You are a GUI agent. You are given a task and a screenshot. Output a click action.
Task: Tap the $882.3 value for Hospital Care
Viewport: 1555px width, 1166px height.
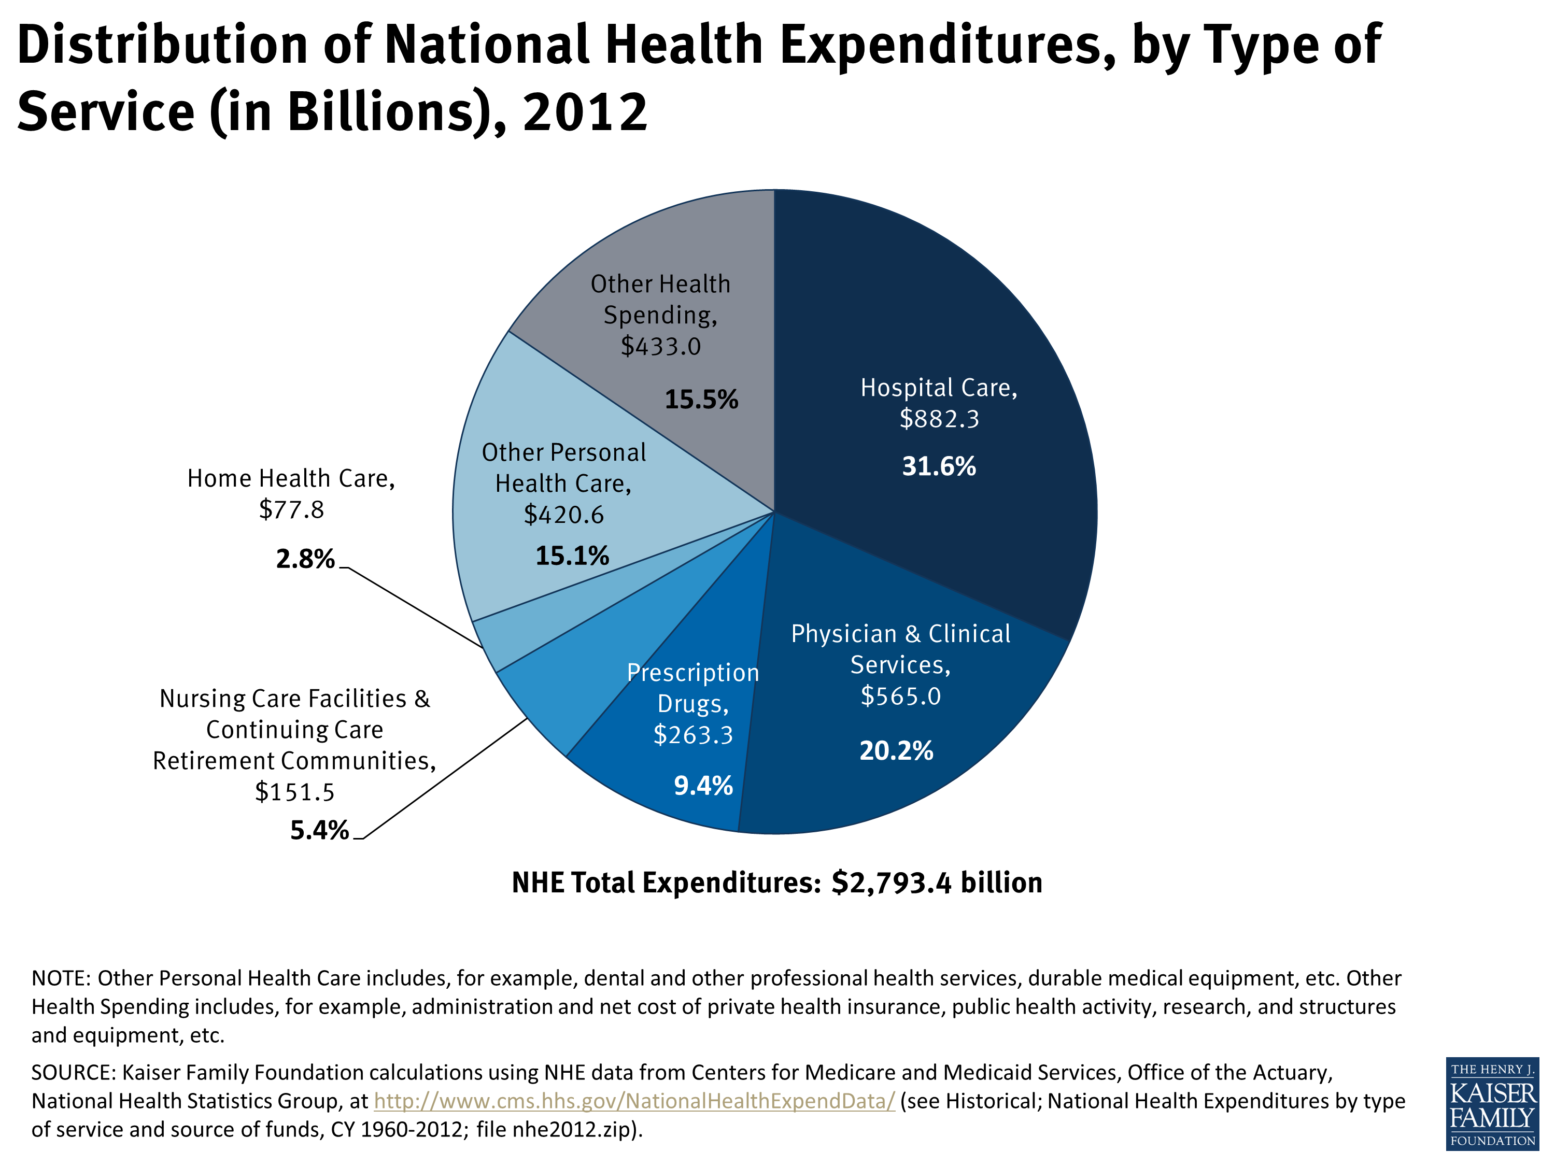tap(939, 419)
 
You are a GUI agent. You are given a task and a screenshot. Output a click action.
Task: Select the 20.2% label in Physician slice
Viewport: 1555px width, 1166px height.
tap(896, 750)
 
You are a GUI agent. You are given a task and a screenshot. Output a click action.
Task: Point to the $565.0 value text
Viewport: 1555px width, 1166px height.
tap(900, 696)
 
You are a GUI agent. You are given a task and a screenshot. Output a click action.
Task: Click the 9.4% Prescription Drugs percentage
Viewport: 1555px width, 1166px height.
tap(703, 785)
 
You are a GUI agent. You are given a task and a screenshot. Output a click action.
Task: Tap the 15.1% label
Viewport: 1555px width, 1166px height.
tap(572, 556)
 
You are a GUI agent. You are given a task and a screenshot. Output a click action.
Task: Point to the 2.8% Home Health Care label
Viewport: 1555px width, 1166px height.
tap(305, 559)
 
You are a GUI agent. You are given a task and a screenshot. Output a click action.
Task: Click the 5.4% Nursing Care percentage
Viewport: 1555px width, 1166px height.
tap(319, 830)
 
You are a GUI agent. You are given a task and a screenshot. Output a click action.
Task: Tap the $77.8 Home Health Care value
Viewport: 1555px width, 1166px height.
tap(291, 509)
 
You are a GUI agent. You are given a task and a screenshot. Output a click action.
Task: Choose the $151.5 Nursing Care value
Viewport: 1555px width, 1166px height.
tap(294, 792)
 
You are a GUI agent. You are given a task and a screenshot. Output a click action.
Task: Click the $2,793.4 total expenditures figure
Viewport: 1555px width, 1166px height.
tap(892, 883)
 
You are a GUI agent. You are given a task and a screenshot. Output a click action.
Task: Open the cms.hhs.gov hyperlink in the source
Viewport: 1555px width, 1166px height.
tap(634, 1101)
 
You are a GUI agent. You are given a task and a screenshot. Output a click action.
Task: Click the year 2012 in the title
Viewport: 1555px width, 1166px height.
tap(585, 112)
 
